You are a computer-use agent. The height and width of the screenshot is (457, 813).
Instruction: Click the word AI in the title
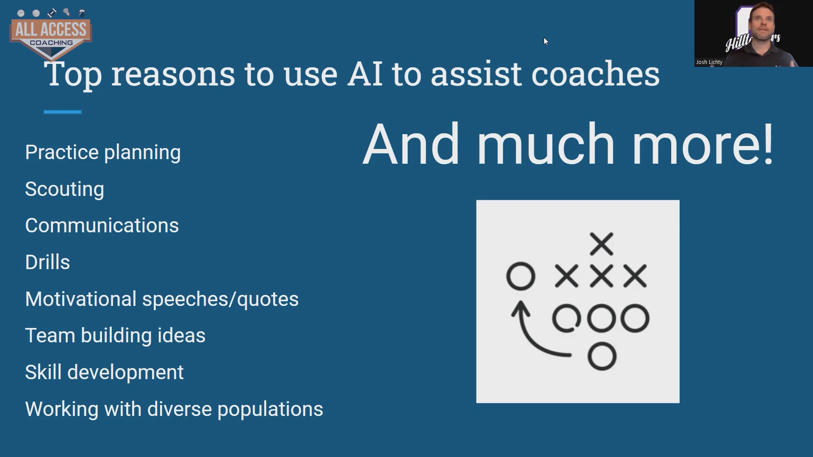(x=365, y=74)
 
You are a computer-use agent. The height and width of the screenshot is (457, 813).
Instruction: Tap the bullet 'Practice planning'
(x=103, y=152)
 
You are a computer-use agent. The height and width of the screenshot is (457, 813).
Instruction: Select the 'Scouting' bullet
(x=64, y=189)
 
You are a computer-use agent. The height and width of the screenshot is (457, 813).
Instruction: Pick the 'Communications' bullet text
(x=102, y=226)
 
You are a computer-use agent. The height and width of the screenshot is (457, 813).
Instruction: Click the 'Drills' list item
(x=47, y=262)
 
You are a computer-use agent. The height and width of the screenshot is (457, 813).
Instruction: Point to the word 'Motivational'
(x=81, y=299)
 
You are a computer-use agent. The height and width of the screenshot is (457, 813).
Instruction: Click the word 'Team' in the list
(x=50, y=336)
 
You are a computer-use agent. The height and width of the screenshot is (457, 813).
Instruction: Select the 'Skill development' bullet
(x=104, y=372)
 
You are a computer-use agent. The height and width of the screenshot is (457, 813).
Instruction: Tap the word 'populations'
(x=270, y=410)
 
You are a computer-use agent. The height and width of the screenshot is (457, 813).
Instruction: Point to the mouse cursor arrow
(x=546, y=41)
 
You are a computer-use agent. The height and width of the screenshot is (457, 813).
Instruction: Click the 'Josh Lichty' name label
(x=709, y=62)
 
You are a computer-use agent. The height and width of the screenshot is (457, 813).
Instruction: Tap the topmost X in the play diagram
(x=602, y=244)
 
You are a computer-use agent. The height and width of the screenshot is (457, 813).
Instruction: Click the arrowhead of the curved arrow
(x=521, y=308)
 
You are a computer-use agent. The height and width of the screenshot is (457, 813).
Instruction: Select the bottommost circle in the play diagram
(x=602, y=356)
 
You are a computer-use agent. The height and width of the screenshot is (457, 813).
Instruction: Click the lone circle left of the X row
(x=521, y=276)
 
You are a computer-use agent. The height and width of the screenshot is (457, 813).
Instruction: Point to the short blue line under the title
(x=62, y=112)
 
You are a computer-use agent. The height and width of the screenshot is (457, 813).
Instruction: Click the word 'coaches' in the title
(x=595, y=74)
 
